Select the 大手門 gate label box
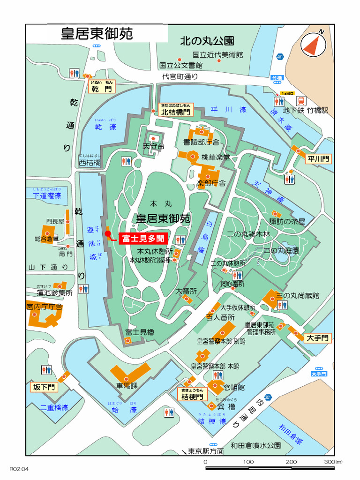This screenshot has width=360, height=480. (x=318, y=338)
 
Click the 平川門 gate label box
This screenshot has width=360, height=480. (x=319, y=159)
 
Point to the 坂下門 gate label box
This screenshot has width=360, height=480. (x=44, y=387)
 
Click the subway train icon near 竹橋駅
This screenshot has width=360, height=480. (x=300, y=101)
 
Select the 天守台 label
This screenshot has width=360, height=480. (x=153, y=147)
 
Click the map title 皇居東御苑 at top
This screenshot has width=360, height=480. (x=97, y=34)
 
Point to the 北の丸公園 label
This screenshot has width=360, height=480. (x=207, y=41)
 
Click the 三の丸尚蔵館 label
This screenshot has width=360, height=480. (x=297, y=296)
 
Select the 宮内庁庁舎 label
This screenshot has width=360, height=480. (x=45, y=307)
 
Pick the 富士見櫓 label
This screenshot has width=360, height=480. (x=139, y=332)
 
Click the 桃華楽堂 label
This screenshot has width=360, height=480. (x=216, y=157)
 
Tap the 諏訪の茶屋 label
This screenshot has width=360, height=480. (x=287, y=222)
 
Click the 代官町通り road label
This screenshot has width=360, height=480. (x=180, y=76)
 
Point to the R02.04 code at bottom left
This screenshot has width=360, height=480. (x=19, y=468)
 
